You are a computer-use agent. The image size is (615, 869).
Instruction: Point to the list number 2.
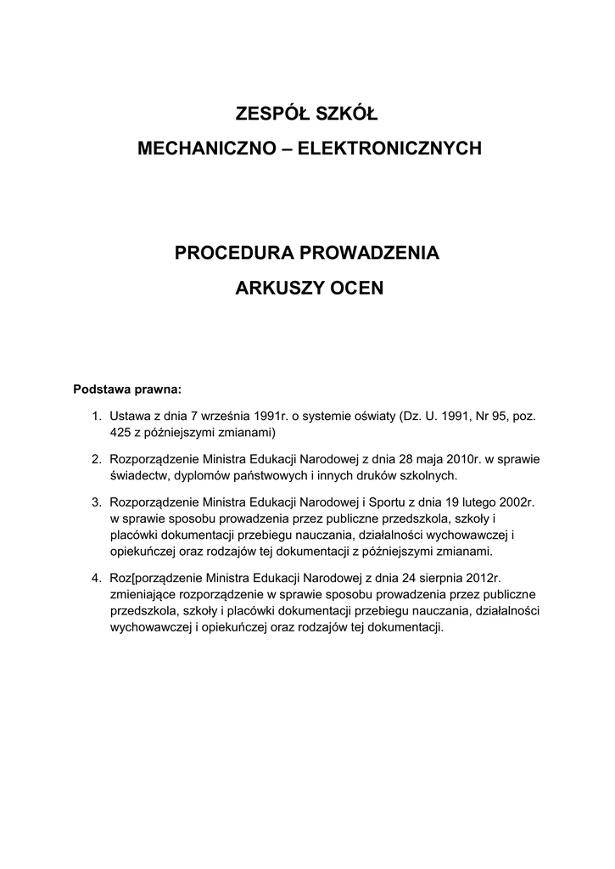[96, 459]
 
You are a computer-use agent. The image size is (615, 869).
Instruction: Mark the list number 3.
[96, 502]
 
